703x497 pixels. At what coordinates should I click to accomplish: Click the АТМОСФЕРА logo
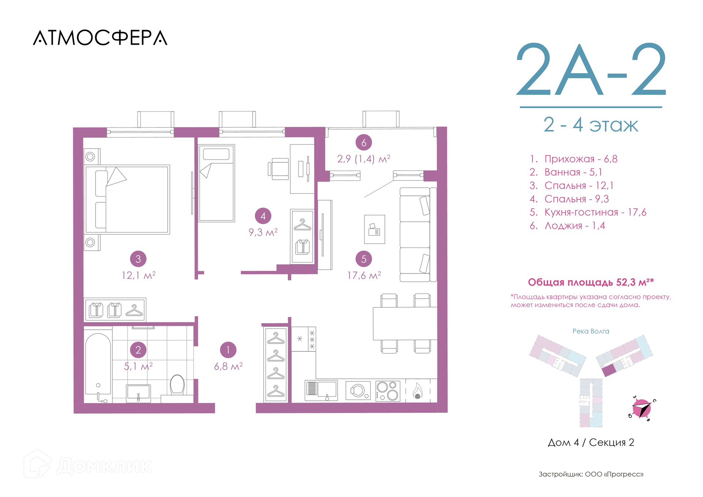(100, 38)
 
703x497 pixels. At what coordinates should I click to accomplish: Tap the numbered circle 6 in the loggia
(364, 142)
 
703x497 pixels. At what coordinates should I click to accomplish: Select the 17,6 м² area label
(364, 275)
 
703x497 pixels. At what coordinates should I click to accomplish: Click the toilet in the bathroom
(177, 385)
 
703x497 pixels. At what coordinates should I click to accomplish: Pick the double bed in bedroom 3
(127, 199)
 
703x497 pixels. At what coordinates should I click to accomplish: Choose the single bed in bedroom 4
(216, 183)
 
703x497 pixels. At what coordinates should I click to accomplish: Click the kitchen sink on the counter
(321, 390)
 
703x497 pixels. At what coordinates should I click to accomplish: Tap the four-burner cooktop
(388, 391)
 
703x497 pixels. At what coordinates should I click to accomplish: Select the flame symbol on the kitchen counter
(417, 391)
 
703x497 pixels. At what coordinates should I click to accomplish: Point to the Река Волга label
(591, 331)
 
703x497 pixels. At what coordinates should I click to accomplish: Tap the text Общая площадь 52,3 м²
(591, 282)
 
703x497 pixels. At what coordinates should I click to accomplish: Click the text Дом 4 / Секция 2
(591, 442)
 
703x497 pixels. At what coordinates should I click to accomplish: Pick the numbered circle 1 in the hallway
(228, 350)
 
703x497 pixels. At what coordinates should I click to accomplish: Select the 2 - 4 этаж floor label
(591, 125)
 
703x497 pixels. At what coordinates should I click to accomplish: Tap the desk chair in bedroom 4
(279, 169)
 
